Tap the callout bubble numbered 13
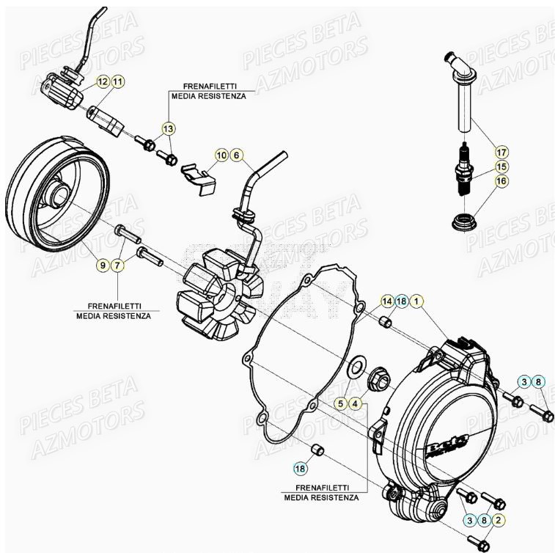169,129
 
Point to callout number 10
221,155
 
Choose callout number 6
236,155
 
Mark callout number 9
103,265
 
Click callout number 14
386,301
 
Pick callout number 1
416,301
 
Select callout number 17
501,153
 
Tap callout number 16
501,180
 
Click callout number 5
341,403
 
